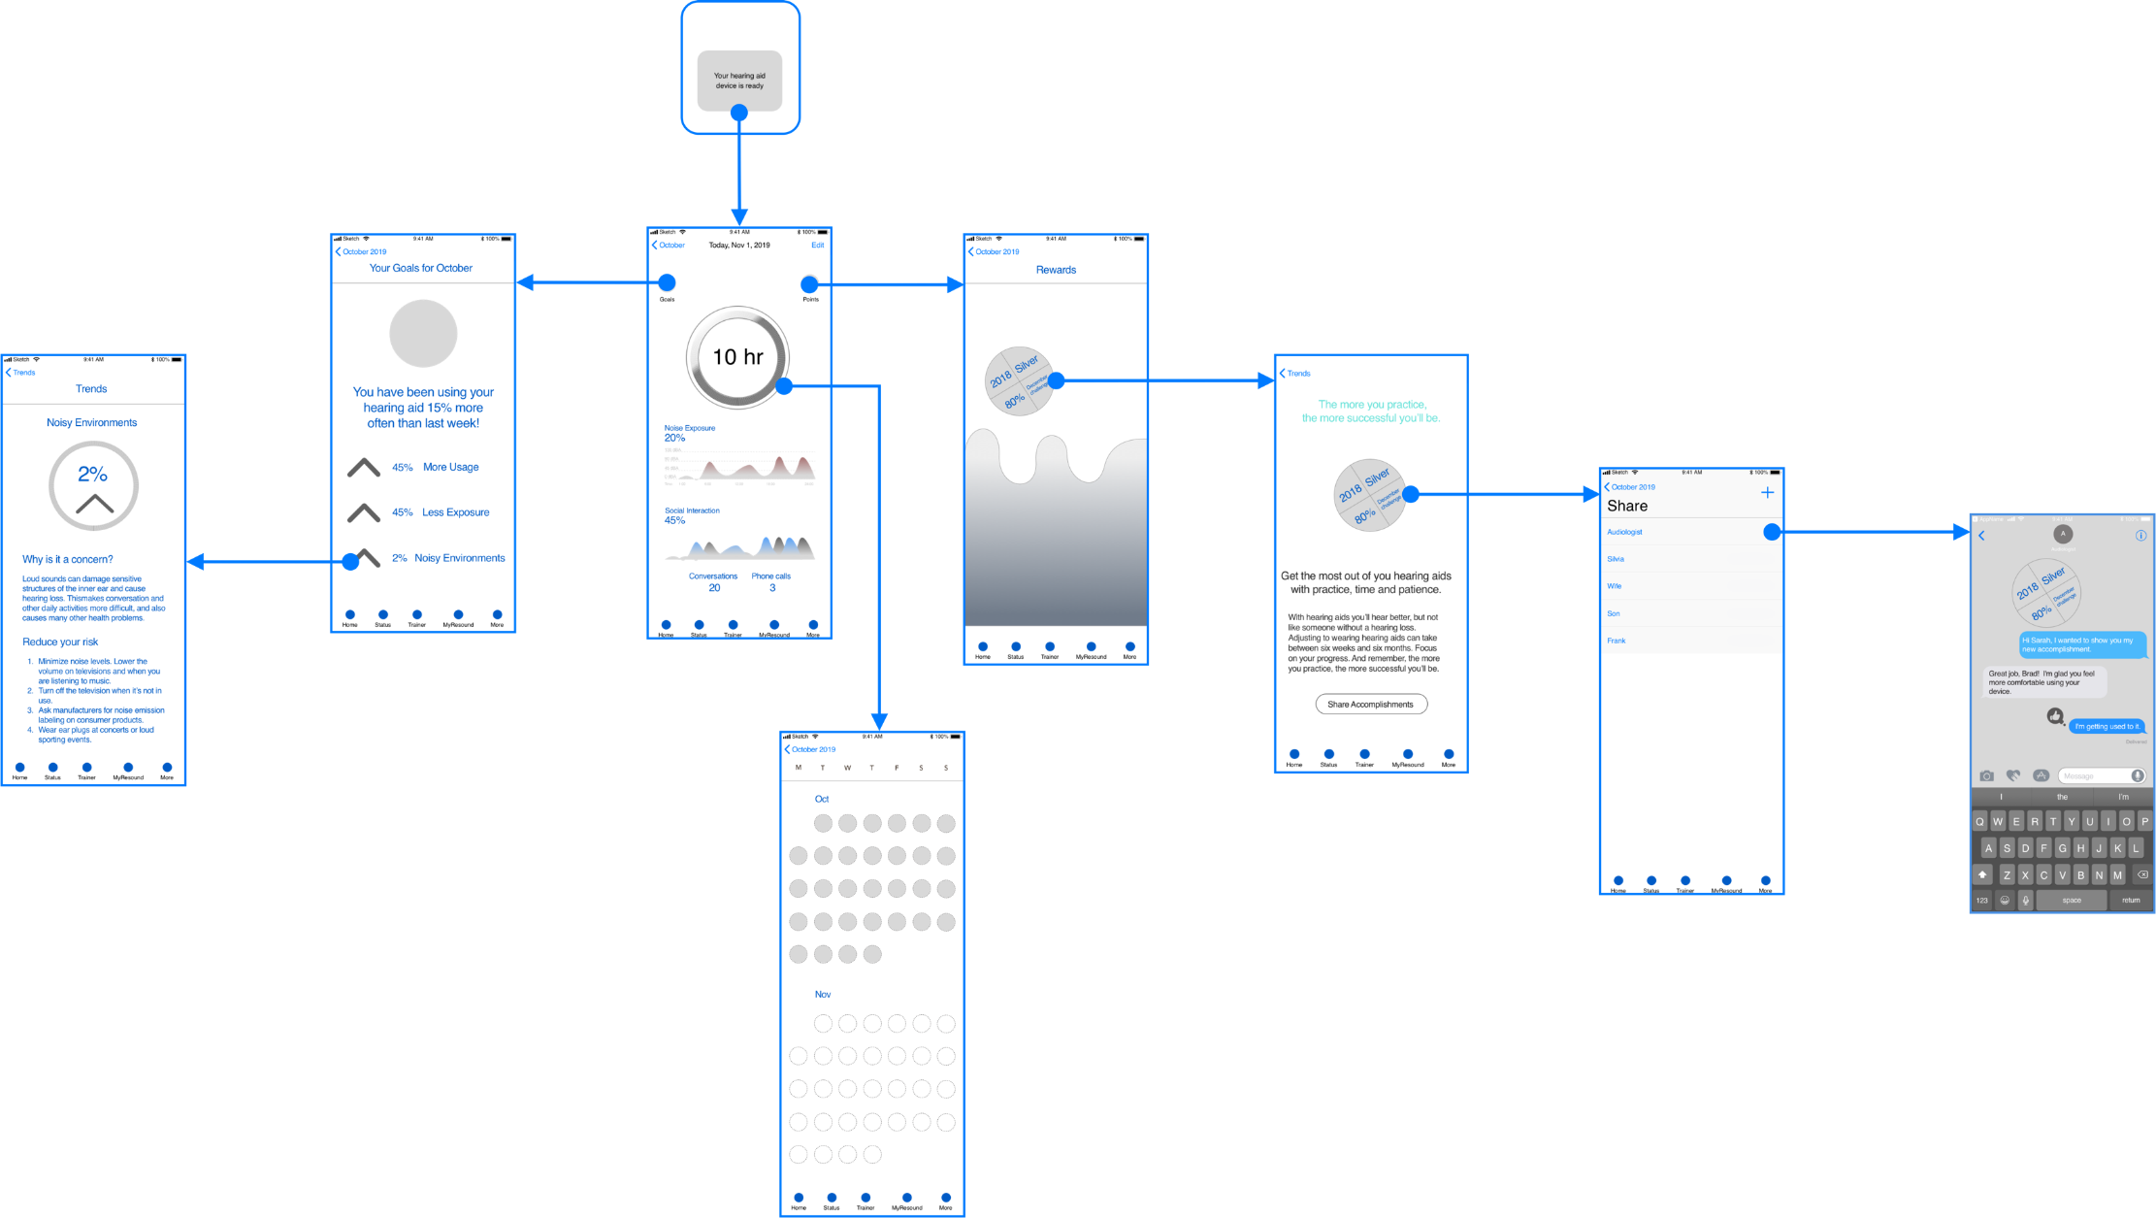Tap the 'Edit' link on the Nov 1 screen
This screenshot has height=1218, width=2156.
point(818,246)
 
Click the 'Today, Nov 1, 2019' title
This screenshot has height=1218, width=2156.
point(739,246)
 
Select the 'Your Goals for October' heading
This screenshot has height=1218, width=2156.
point(421,269)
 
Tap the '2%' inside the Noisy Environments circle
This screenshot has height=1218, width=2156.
point(92,475)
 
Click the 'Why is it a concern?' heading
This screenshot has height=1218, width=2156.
point(68,560)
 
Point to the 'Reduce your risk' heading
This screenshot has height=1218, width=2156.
point(60,642)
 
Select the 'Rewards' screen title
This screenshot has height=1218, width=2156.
point(1056,271)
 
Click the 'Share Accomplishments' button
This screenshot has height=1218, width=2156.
point(1370,704)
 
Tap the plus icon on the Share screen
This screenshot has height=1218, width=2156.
point(1767,493)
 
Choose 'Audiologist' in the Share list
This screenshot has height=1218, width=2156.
point(1624,532)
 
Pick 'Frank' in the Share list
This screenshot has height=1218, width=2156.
point(1616,641)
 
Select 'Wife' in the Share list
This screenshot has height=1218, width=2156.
point(1614,586)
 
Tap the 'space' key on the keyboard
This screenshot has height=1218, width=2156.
point(2071,901)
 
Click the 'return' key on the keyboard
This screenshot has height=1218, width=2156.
point(2130,901)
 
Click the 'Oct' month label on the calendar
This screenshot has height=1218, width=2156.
point(822,799)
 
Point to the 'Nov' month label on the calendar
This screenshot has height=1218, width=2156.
point(823,994)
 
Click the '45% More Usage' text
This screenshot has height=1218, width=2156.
point(436,468)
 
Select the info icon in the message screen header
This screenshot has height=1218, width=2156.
point(2140,536)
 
